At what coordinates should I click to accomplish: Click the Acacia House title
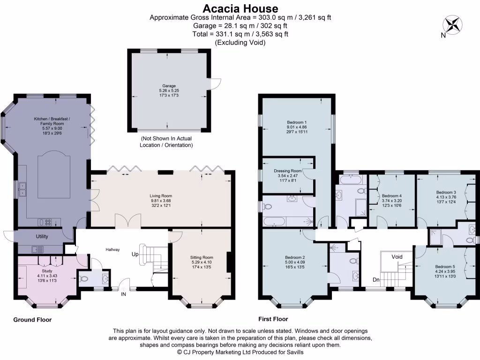point(240,8)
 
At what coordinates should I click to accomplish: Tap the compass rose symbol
point(452,25)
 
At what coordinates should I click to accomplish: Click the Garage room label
point(169,86)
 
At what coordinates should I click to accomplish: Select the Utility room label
point(42,236)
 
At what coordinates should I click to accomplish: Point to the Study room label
point(47,271)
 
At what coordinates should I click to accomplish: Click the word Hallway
point(112,249)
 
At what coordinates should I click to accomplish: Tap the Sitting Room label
point(202,257)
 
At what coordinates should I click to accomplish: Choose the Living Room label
point(161,196)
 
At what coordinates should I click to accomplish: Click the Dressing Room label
point(288,171)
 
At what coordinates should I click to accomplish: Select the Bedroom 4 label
point(392,196)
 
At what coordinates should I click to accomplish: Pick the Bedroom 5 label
point(445,267)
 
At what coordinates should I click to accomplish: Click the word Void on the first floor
point(397,257)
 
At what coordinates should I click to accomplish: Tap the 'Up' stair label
point(135,255)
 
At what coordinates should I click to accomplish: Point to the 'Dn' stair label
point(376,280)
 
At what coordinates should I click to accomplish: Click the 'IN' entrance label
point(123,294)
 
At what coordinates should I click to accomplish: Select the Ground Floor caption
point(32,320)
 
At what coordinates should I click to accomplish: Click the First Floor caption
point(273,319)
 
